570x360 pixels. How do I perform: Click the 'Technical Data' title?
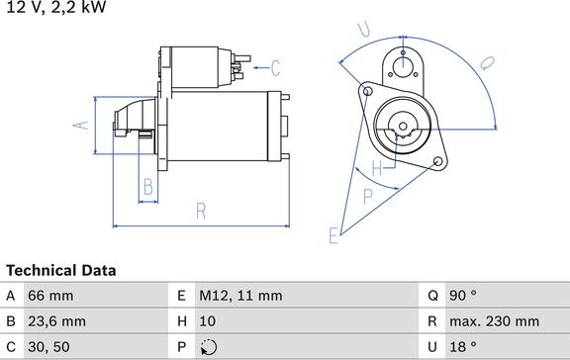(60, 270)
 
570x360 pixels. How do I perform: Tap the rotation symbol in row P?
(208, 347)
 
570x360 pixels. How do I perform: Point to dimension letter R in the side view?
(200, 210)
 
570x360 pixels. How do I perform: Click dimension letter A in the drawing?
(83, 125)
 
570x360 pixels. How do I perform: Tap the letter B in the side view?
(147, 185)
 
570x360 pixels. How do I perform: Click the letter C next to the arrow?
(276, 68)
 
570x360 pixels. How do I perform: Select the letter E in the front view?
(333, 233)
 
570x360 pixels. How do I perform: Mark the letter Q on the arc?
(486, 61)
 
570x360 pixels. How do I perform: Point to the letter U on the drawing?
(365, 30)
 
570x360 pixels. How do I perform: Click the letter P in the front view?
(369, 196)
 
